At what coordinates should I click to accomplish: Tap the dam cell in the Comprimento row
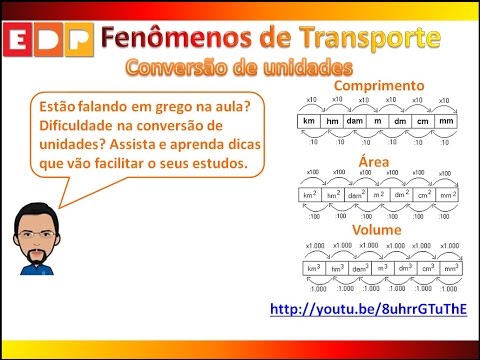tap(355, 121)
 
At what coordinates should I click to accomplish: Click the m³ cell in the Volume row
tap(381, 268)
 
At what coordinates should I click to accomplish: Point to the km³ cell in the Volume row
tap(314, 268)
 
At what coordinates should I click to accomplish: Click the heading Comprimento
tap(379, 85)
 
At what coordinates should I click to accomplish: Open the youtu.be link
tap(367, 309)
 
